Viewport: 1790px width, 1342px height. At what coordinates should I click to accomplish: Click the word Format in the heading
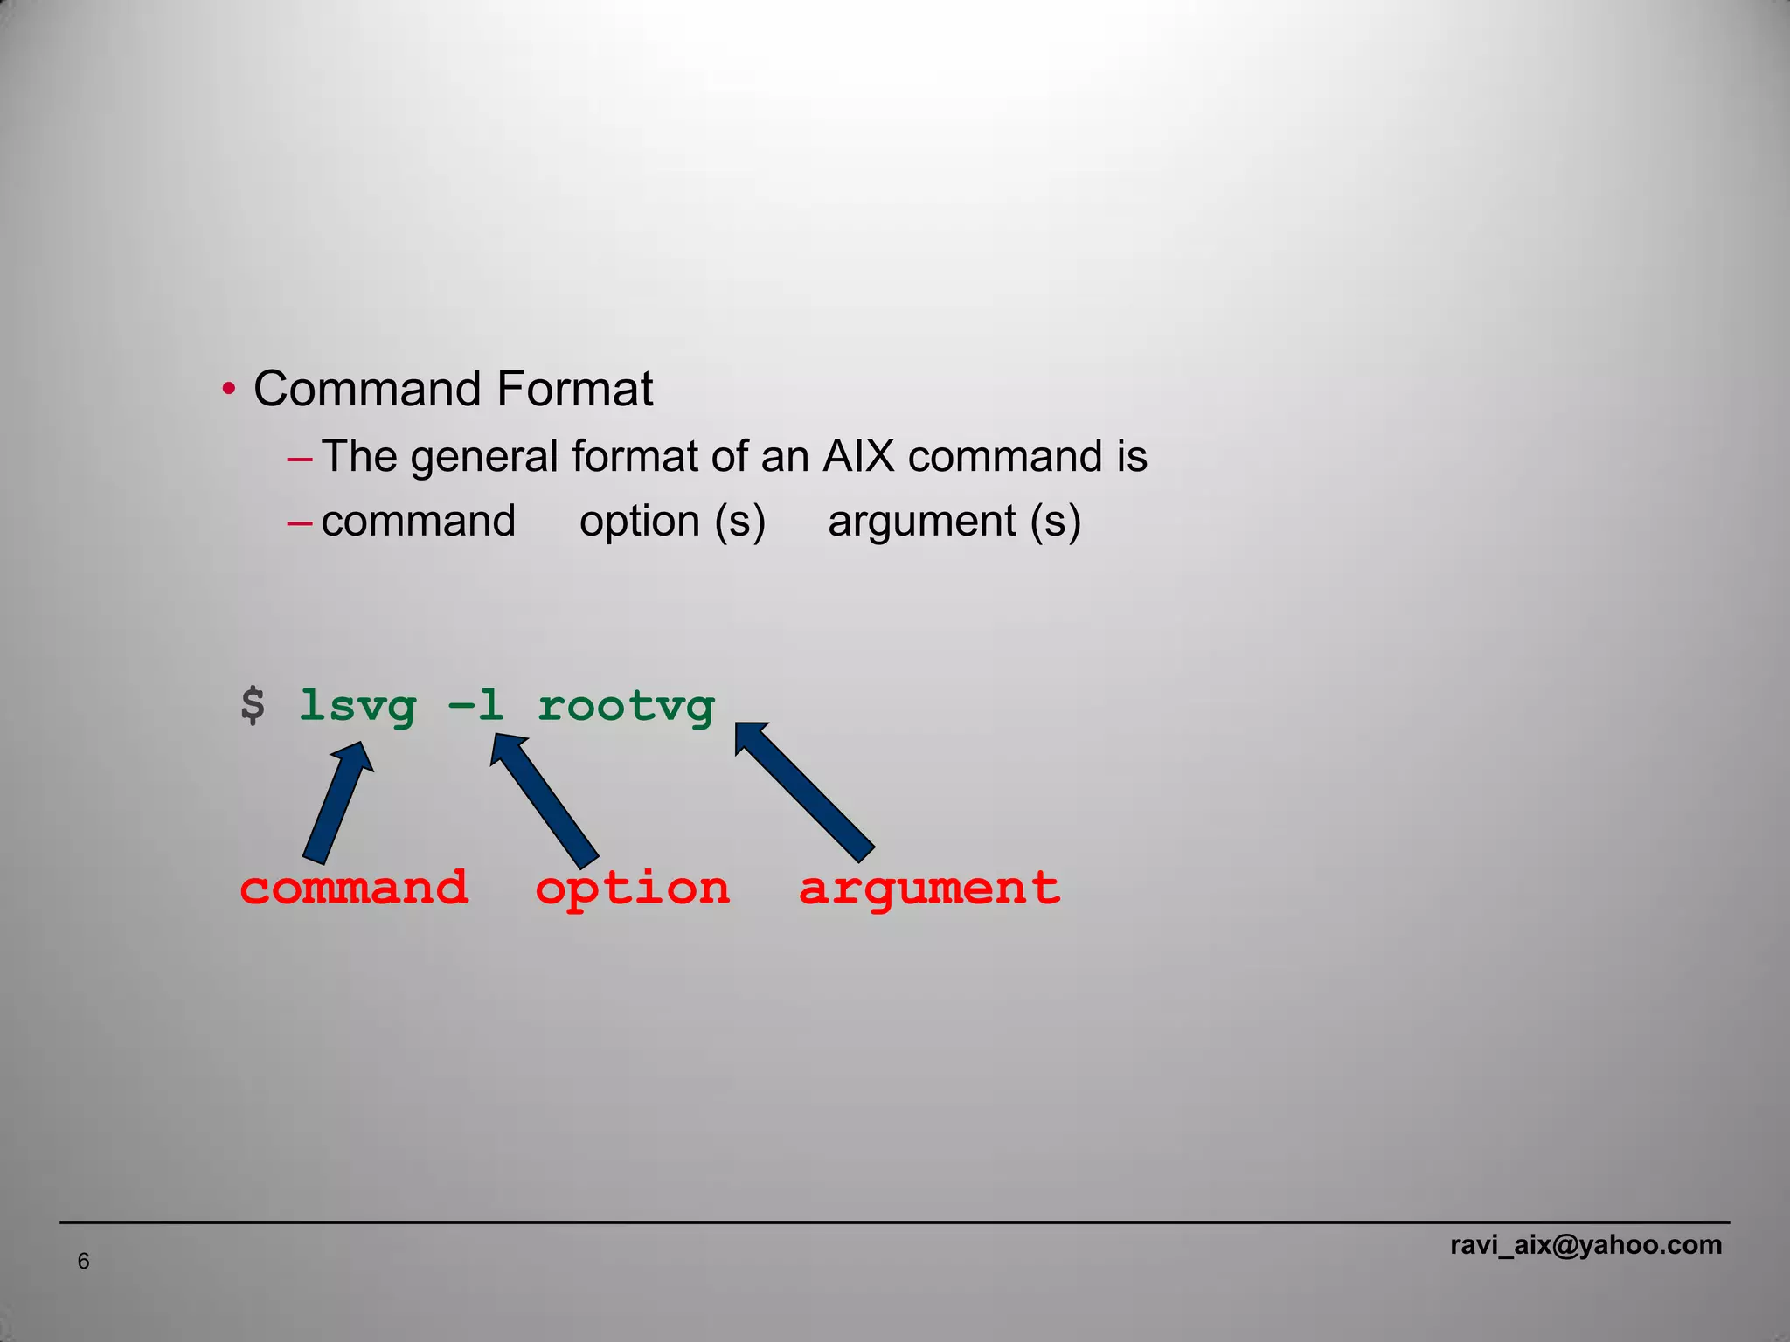(575, 389)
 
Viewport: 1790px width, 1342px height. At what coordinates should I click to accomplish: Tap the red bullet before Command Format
(228, 389)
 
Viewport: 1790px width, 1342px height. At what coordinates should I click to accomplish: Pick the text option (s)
(672, 522)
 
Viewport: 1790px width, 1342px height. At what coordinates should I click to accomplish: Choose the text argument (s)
(954, 522)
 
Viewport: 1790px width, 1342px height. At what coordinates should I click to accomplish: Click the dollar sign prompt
(253, 705)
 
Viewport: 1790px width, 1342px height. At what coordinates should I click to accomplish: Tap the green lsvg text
(357, 706)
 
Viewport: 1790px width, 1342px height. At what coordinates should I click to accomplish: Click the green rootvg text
(626, 706)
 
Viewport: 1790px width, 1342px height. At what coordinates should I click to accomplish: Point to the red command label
(354, 888)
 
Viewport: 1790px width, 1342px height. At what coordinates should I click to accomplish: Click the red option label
(632, 889)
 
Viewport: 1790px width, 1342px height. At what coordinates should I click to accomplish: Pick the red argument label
(929, 889)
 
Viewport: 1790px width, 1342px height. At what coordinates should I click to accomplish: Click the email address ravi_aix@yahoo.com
(1585, 1245)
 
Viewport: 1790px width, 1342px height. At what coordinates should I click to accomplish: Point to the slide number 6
(84, 1261)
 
